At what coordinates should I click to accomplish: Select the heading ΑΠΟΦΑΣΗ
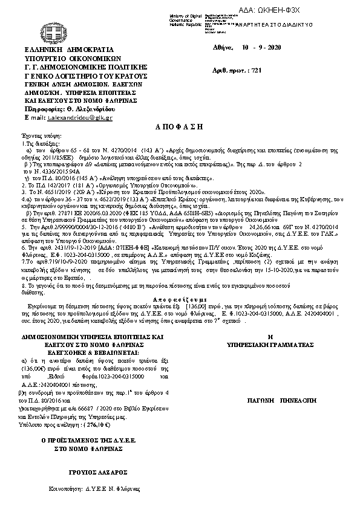[180, 129]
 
